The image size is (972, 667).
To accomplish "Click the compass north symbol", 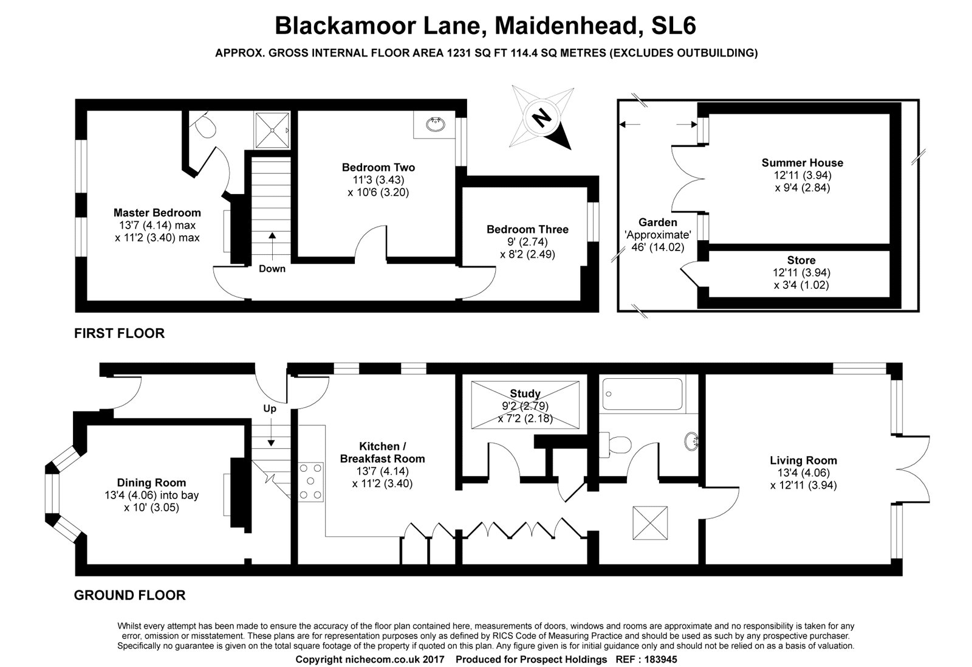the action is pos(542,118).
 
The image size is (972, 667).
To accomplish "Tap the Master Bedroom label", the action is pos(157,213).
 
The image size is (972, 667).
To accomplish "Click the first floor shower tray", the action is pos(272,130).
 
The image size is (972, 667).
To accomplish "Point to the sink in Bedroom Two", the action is pos(435,124).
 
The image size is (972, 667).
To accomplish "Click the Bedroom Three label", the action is pos(527,229).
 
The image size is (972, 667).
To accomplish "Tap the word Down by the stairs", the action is pos(272,269).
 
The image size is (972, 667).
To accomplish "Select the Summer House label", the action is pos(803,163).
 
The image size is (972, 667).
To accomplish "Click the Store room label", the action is pos(801,260).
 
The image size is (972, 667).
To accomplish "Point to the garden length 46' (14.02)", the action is pos(657,247).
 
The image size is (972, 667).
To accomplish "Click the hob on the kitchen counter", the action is pos(310,482).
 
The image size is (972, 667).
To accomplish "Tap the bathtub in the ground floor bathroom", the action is pos(642,394).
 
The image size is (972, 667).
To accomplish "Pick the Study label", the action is pos(525,393).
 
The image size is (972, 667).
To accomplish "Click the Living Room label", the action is pos(803,460).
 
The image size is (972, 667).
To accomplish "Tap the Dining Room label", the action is pos(151,482).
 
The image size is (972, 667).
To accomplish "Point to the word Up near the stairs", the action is pos(270,409).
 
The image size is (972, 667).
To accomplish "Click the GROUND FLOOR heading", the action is pos(130,595).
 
